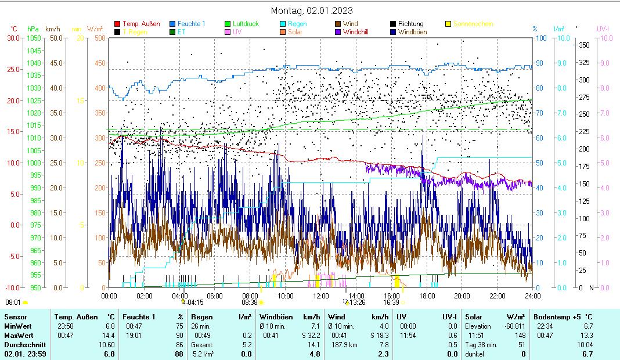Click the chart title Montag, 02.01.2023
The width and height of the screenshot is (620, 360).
pyautogui.click(x=312, y=10)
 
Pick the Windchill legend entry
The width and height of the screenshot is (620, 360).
pyautogui.click(x=359, y=32)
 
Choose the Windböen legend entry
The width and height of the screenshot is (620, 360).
pyautogui.click(x=412, y=32)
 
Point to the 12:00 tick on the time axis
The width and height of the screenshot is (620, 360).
pyautogui.click(x=321, y=296)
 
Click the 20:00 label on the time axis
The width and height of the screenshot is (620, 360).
pyautogui.click(x=462, y=296)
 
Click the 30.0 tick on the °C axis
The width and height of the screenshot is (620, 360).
pyautogui.click(x=12, y=38)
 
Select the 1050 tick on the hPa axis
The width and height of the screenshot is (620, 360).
pyautogui.click(x=34, y=38)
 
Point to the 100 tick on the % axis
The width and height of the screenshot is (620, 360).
pyautogui.click(x=540, y=38)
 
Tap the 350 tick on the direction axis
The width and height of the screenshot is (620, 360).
pyautogui.click(x=585, y=45)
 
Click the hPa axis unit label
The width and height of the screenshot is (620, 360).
pyautogui.click(x=33, y=28)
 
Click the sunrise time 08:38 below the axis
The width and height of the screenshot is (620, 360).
pyautogui.click(x=250, y=303)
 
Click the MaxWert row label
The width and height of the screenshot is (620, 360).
pyautogui.click(x=18, y=336)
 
